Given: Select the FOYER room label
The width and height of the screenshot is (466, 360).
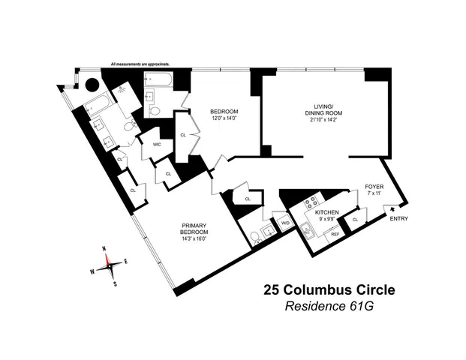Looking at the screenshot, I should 374,185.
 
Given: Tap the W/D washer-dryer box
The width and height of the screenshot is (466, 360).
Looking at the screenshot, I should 285,223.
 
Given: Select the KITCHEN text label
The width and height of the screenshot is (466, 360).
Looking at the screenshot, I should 328,213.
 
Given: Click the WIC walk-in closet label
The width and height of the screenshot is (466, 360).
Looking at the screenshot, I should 157,144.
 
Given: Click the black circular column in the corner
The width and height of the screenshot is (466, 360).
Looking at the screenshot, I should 92,85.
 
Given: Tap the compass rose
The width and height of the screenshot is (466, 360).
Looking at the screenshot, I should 110,262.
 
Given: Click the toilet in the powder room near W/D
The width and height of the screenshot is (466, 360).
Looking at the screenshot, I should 256,238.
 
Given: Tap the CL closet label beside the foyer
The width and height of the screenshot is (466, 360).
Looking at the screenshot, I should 355,219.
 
